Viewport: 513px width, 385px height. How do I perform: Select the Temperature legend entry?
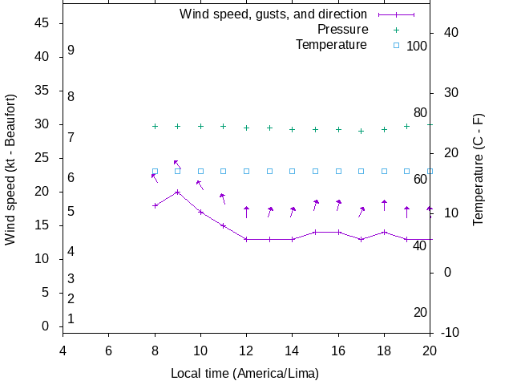pyautogui.click(x=331, y=45)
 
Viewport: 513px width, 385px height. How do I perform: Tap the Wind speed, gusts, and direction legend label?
pyautogui.click(x=273, y=14)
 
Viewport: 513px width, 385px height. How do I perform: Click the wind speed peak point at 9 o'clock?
pyautogui.click(x=178, y=192)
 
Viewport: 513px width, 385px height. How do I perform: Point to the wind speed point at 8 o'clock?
pyautogui.click(x=155, y=205)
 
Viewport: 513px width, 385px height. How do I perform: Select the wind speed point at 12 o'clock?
pyautogui.click(x=247, y=239)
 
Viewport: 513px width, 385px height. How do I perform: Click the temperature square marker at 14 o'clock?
pyautogui.click(x=293, y=171)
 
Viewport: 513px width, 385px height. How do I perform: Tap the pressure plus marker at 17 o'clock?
pyautogui.click(x=362, y=131)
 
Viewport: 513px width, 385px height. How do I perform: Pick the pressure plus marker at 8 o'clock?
pyautogui.click(x=155, y=126)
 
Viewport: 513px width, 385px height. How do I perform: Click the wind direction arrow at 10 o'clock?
pyautogui.click(x=200, y=185)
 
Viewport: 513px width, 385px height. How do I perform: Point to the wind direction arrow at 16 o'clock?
pyautogui.click(x=338, y=205)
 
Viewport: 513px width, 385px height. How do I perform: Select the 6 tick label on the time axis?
pyautogui.click(x=108, y=351)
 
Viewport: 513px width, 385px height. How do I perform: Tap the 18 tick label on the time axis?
pyautogui.click(x=384, y=351)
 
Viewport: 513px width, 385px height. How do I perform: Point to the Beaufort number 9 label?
pyautogui.click(x=71, y=51)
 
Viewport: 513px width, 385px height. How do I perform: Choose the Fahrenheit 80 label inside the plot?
pyautogui.click(x=420, y=113)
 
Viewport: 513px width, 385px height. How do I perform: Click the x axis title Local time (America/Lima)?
pyautogui.click(x=245, y=374)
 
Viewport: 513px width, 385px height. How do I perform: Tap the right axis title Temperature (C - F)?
pyautogui.click(x=479, y=168)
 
